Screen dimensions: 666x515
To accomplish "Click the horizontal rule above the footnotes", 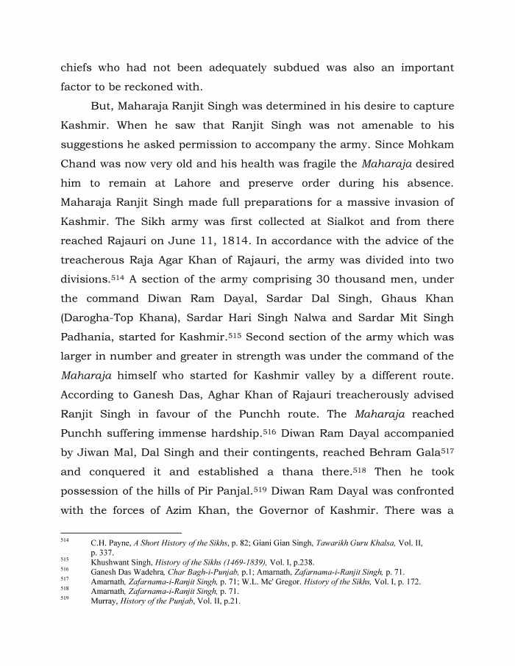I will point(121,532).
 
